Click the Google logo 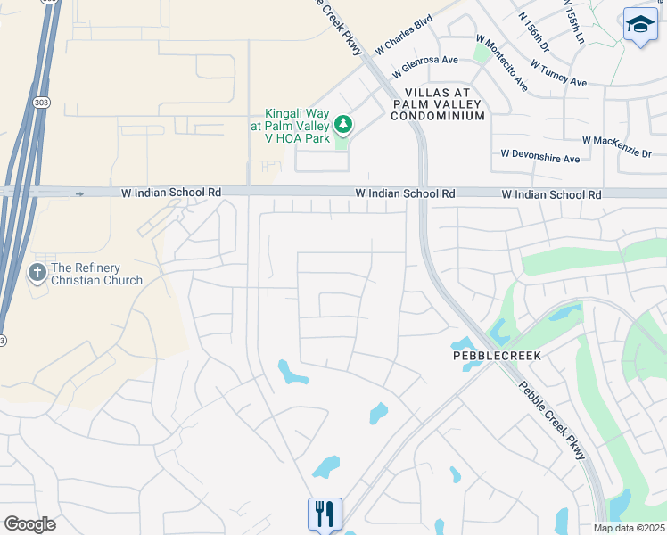[29, 524]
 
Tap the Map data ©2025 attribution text [629, 528]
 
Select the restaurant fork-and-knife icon [325, 514]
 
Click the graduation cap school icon [639, 25]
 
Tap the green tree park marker [342, 126]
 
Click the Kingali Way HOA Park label [297, 126]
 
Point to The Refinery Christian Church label [97, 274]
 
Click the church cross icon [37, 272]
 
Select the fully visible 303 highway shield [40, 103]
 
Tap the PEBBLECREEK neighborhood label [497, 355]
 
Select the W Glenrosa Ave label [429, 61]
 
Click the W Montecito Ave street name [501, 63]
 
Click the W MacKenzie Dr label [617, 146]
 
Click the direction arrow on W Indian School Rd [80, 193]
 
